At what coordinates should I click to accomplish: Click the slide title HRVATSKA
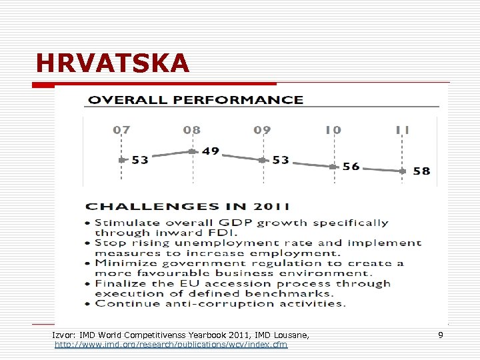click(x=113, y=63)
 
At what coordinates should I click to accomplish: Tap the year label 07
click(x=121, y=130)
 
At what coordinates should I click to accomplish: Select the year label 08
click(x=191, y=130)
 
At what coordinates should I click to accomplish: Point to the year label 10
click(x=333, y=130)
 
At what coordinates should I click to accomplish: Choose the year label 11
click(x=402, y=130)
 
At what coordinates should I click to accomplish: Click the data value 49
click(x=211, y=151)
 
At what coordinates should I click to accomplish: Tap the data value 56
click(x=351, y=167)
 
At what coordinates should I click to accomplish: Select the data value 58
click(x=421, y=171)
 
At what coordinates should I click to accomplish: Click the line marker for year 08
click(x=192, y=152)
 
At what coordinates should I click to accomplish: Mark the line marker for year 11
click(x=403, y=171)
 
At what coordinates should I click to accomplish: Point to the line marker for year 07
click(x=121, y=160)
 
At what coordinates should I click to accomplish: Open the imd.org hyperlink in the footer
click(x=171, y=345)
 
